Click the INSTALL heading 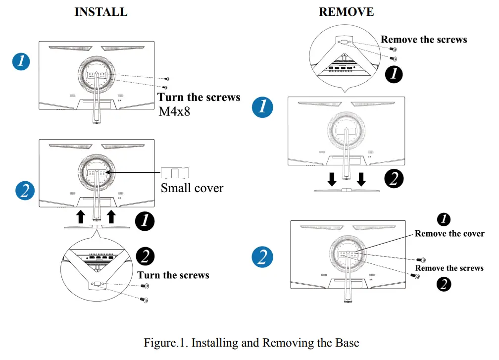point(101,12)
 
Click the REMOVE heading point(346,12)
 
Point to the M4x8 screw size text point(174,111)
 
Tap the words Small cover point(192,188)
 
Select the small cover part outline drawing point(175,173)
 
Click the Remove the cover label point(449,234)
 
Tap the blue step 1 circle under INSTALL point(21,61)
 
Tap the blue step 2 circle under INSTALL point(25,190)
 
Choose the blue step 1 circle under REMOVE point(262,107)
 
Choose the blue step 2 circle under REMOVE point(262,257)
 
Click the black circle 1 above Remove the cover point(444,219)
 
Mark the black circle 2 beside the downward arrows point(394,178)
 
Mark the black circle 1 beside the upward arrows point(145,221)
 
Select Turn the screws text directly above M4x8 point(199,97)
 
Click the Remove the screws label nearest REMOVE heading point(424,40)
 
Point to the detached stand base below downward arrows point(347,190)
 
